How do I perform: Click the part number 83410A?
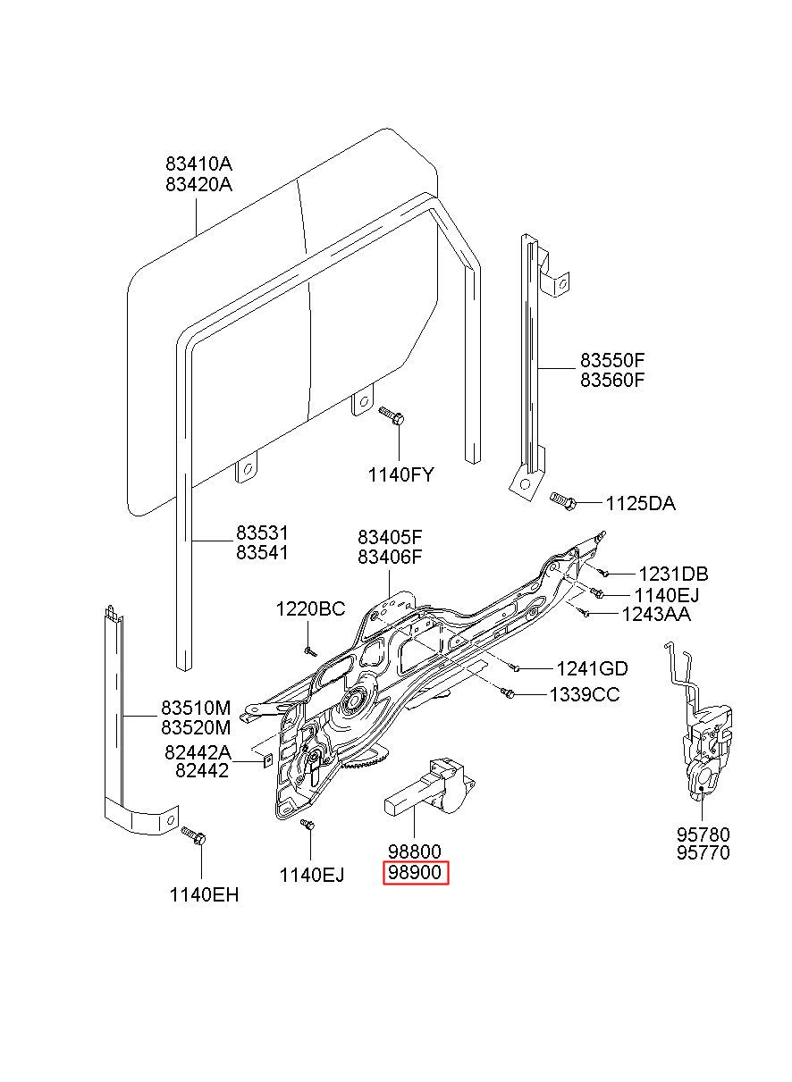[x=198, y=164]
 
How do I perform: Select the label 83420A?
[x=198, y=185]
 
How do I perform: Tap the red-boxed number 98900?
[x=416, y=872]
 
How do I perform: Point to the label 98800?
[x=415, y=851]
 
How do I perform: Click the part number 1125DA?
[x=640, y=504]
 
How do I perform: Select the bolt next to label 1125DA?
[x=563, y=499]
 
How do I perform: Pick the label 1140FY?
[x=401, y=475]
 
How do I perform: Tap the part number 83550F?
[x=612, y=360]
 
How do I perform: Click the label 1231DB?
[x=673, y=575]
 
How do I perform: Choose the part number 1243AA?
[x=656, y=615]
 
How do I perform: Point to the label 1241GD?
[x=592, y=669]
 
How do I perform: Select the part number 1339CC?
[x=585, y=695]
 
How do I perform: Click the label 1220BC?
[x=311, y=609]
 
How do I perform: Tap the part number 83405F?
[x=390, y=537]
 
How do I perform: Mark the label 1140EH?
[x=204, y=895]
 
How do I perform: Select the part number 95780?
[x=703, y=835]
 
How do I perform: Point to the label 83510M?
[x=196, y=709]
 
